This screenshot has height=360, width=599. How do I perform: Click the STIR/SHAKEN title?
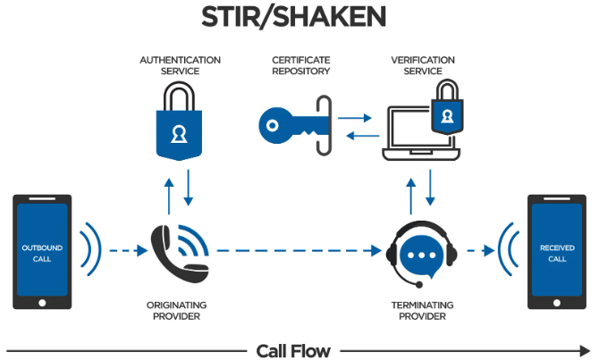[x=299, y=19]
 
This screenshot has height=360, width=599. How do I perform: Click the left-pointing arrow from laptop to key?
[x=359, y=135]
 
